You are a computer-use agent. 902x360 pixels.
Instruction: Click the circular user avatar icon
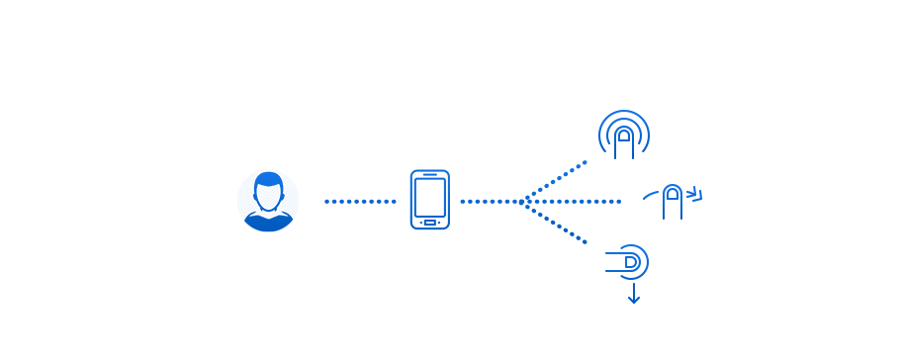coord(268,201)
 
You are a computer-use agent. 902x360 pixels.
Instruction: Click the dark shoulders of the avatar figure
coord(268,222)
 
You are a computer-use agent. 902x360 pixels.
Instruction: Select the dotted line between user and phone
coord(360,201)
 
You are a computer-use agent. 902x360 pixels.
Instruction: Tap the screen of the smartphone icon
coord(429,197)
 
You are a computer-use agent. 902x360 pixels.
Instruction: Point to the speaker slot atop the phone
coord(429,175)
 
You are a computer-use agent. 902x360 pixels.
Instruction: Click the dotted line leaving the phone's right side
coord(490,201)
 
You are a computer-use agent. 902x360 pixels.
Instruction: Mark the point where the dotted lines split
coord(523,201)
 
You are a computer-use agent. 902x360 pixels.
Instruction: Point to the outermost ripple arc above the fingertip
coord(624,113)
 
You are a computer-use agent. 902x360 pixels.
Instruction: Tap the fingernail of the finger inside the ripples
coord(624,135)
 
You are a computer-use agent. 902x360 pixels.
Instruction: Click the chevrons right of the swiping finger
coord(694,193)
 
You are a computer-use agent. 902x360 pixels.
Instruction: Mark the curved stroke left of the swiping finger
coord(651,194)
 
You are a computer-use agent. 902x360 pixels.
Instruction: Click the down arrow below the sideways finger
coord(633,295)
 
